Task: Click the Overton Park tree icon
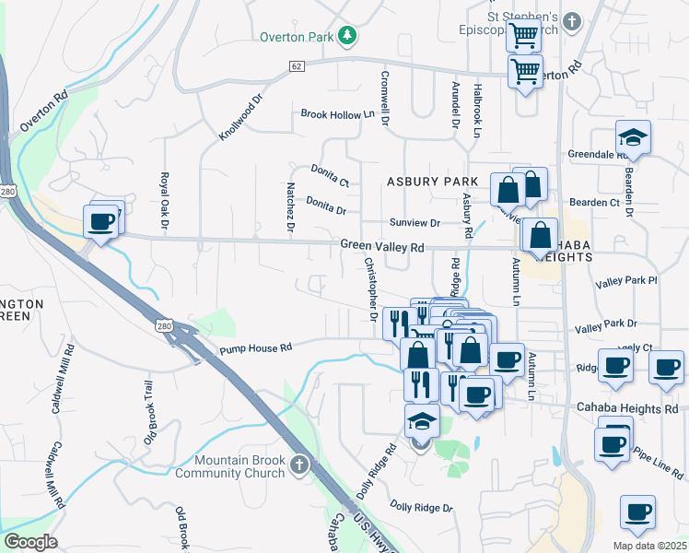coord(347,36)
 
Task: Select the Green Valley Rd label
coord(382,247)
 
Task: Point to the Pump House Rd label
coord(255,347)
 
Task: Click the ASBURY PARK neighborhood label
coord(433,182)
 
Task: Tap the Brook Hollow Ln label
coord(337,114)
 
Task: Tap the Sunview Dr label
coord(415,223)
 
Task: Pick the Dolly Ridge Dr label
coord(421,507)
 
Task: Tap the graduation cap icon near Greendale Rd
coord(633,137)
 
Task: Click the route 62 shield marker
coord(296,66)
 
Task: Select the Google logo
coord(31,542)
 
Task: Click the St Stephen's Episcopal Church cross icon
coord(572,20)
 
